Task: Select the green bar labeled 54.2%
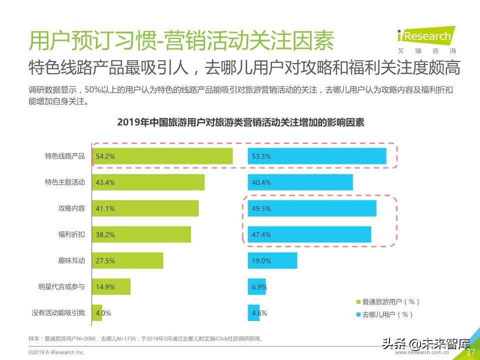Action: [x=162, y=156]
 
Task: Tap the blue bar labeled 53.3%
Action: [x=317, y=156]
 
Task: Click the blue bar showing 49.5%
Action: [x=312, y=208]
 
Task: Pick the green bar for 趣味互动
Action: [x=127, y=260]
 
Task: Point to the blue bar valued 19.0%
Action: [x=272, y=260]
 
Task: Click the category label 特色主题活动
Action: [x=65, y=182]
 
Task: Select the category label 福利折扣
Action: [x=71, y=234]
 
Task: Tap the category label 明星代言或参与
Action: [x=61, y=286]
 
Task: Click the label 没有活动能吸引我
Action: [x=58, y=313]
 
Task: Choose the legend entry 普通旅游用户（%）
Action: [x=387, y=301]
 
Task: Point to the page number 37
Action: [x=470, y=352]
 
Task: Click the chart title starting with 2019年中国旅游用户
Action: [x=240, y=122]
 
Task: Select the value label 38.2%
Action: [x=105, y=234]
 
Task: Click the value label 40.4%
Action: [x=261, y=182]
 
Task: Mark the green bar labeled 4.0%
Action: [x=96, y=313]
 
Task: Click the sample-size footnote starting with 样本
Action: [x=145, y=338]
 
